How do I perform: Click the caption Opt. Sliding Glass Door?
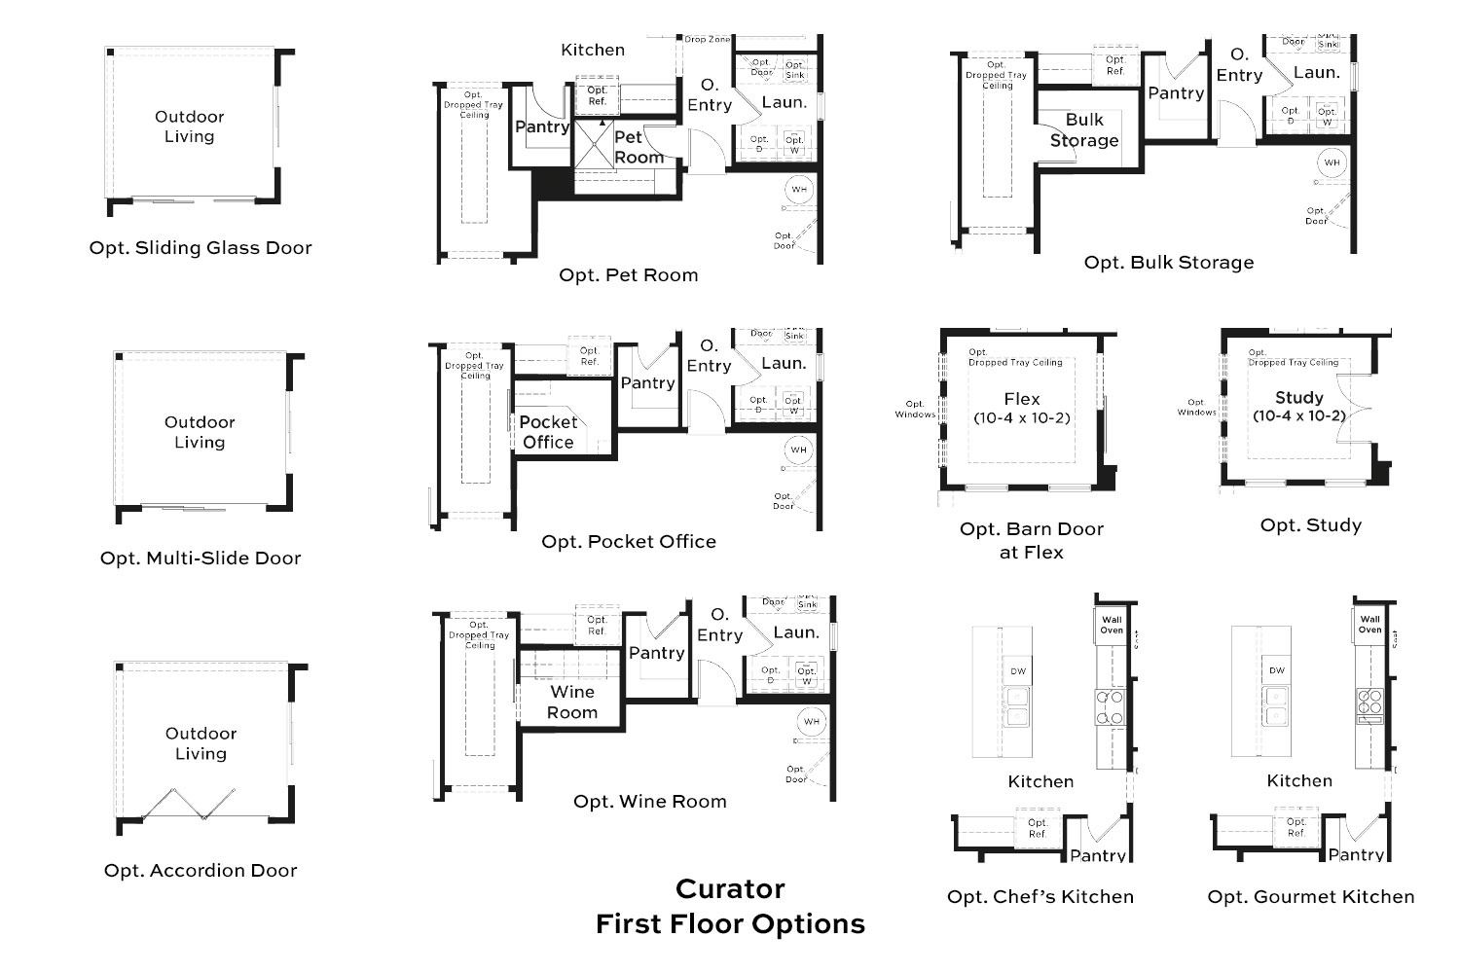click(201, 247)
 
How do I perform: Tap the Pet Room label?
click(639, 147)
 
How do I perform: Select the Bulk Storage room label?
click(1083, 130)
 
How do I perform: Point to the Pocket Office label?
click(548, 432)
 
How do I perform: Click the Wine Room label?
click(571, 702)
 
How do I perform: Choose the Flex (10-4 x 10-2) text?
click(1021, 408)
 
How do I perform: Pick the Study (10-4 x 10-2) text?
click(1298, 406)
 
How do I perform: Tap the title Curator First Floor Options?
click(730, 906)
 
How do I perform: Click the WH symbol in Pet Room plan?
click(799, 189)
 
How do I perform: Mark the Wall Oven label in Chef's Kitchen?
click(1112, 625)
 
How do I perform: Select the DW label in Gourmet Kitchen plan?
click(1276, 669)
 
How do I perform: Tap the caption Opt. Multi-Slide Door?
click(201, 558)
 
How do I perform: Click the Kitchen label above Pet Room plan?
click(593, 50)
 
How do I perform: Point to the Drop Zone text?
click(707, 40)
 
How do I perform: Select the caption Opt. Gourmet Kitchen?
click(1310, 896)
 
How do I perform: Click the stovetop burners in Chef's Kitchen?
click(1111, 707)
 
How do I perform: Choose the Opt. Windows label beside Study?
click(1196, 407)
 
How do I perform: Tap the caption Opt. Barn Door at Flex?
click(1032, 540)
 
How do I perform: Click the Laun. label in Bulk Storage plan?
click(1316, 72)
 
